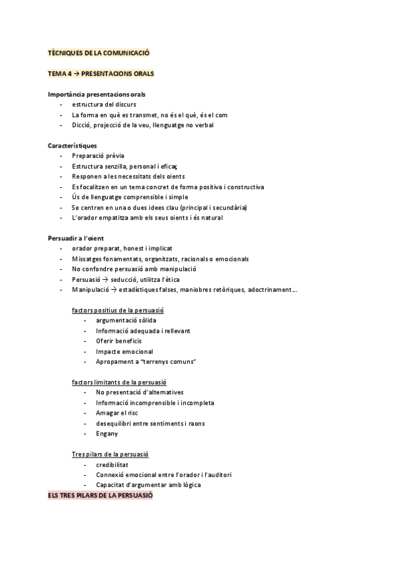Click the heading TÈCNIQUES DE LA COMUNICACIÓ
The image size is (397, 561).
103,52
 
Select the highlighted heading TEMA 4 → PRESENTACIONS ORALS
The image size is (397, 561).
101,73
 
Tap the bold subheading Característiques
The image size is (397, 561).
73,145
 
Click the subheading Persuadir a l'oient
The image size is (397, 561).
76,237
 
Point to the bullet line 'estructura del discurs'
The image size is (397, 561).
105,105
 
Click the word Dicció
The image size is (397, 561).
82,125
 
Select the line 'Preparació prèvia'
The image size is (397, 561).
98,155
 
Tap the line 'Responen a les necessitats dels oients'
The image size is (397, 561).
128,176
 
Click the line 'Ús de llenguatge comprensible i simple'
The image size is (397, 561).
130,196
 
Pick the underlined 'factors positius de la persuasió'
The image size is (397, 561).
118,310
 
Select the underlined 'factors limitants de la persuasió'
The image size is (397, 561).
119,382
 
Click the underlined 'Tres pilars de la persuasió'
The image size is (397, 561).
110,454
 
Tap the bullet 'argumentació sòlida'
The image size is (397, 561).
126,320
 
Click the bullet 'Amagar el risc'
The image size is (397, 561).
116,413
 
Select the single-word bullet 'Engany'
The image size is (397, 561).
107,433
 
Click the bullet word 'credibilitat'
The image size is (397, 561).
116,464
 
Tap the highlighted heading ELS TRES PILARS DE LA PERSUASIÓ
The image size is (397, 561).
100,495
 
